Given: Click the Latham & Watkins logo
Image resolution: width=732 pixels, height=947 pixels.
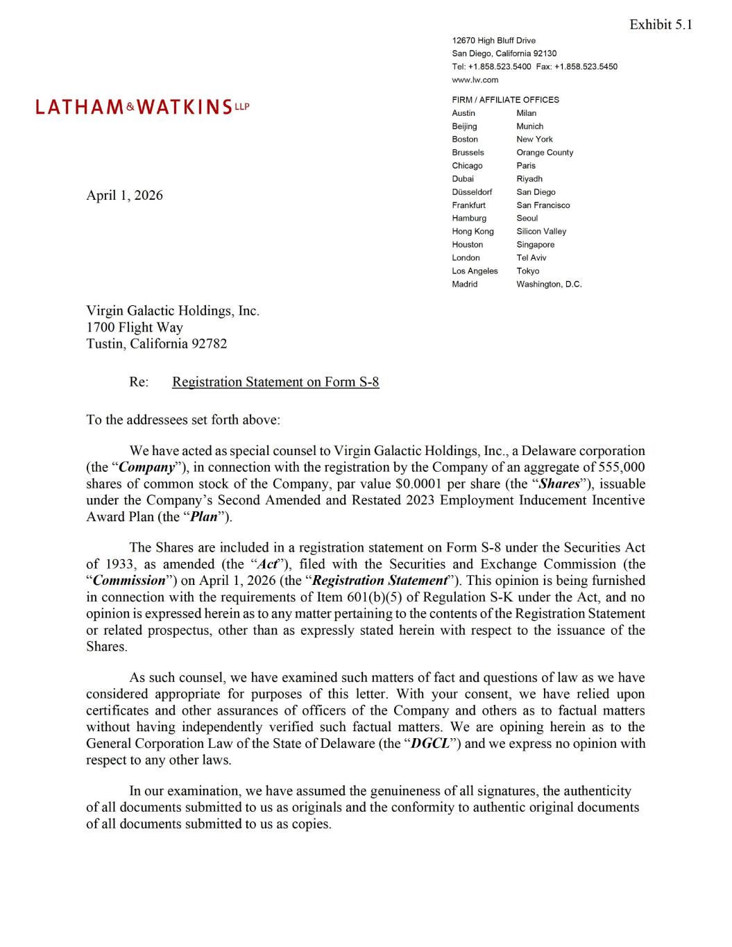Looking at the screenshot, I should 142,107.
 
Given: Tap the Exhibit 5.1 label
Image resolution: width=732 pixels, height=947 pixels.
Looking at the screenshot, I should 660,25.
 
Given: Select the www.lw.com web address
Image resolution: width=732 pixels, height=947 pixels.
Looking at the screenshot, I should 475,80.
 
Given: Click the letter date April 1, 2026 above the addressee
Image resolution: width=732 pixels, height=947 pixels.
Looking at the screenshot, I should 124,196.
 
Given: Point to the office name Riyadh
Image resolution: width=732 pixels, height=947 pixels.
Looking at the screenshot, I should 529,179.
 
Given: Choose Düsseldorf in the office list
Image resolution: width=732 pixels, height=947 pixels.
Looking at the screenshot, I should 472,192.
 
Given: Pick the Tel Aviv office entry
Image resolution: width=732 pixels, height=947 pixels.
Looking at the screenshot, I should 531,258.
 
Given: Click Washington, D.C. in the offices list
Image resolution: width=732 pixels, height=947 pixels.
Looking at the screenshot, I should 549,284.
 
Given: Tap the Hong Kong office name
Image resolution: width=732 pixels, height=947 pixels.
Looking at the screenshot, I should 473,232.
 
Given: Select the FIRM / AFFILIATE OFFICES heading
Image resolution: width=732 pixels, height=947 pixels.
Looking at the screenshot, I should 505,100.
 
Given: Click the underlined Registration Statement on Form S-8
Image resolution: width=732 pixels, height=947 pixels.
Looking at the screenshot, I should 275,382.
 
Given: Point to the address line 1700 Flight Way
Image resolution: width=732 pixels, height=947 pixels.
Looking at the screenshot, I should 135,327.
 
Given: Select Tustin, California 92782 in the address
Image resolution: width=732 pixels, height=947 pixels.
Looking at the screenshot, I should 156,344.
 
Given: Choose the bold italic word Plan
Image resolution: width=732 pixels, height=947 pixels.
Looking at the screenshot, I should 203,518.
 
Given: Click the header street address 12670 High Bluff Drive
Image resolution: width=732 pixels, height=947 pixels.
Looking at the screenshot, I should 493,40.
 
